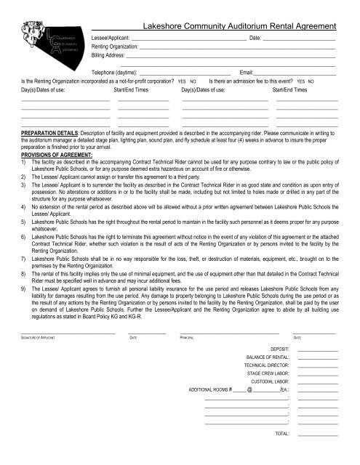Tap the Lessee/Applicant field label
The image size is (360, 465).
(x=111, y=36)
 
